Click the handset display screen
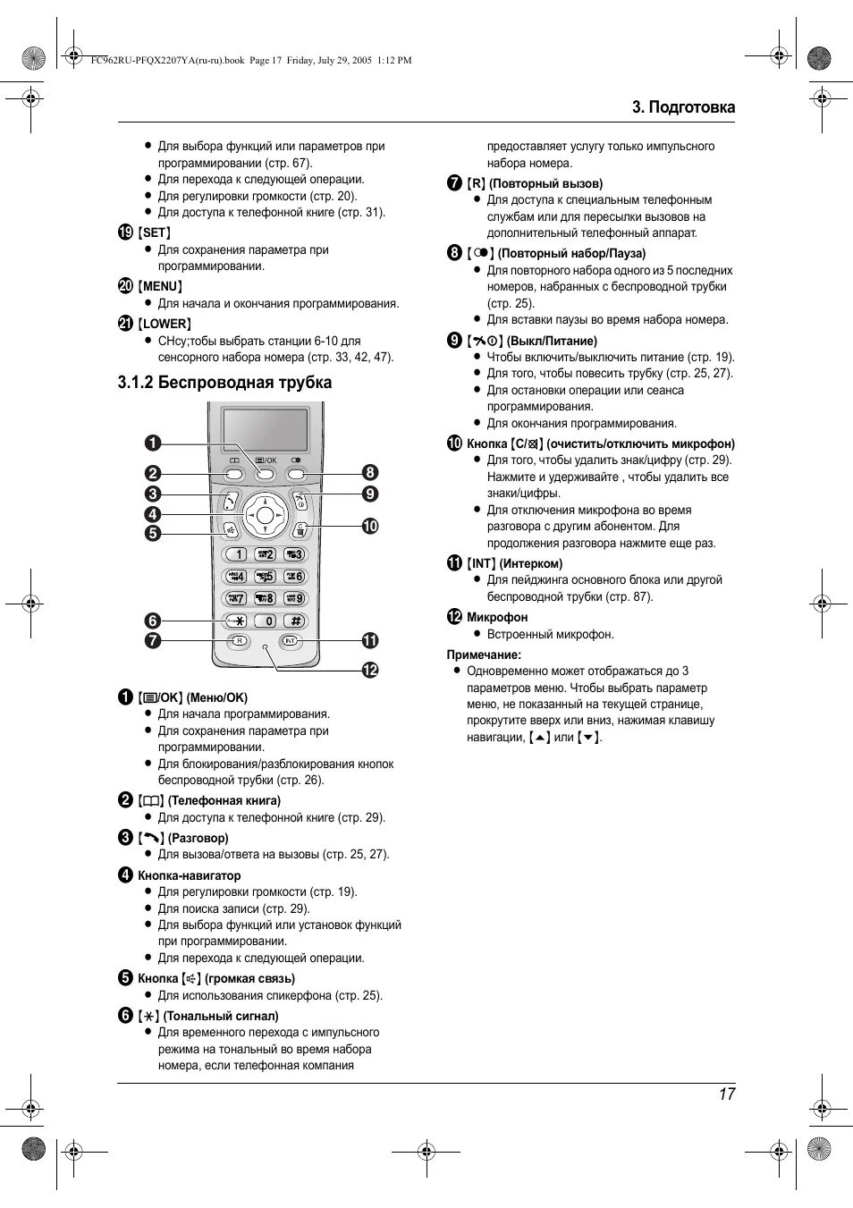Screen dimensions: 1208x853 pyautogui.click(x=265, y=430)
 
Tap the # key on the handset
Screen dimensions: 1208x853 pyautogui.click(x=294, y=621)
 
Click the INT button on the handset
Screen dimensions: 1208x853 pyautogui.click(x=290, y=641)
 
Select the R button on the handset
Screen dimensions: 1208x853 pyautogui.click(x=239, y=641)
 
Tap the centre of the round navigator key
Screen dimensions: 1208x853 pyautogui.click(x=265, y=514)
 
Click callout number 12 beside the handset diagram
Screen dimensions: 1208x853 pyautogui.click(x=369, y=670)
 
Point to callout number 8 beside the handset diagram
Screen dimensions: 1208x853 pyautogui.click(x=369, y=473)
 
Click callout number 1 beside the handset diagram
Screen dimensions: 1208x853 pyautogui.click(x=154, y=443)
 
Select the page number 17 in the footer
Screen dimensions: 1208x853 pyautogui.click(x=725, y=1094)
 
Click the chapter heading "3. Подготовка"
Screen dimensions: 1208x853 pyautogui.click(x=683, y=107)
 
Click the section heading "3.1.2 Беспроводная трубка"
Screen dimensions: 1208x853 pyautogui.click(x=224, y=383)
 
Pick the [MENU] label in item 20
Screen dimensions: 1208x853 pyautogui.click(x=161, y=287)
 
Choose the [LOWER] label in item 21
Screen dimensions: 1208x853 pyautogui.click(x=165, y=324)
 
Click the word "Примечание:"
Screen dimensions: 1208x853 pyautogui.click(x=484, y=655)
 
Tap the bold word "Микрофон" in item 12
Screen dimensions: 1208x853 pyautogui.click(x=497, y=617)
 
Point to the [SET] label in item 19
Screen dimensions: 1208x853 pyautogui.click(x=155, y=232)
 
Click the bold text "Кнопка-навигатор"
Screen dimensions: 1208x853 pyautogui.click(x=189, y=875)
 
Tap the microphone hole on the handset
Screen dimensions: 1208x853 pyautogui.click(x=265, y=646)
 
